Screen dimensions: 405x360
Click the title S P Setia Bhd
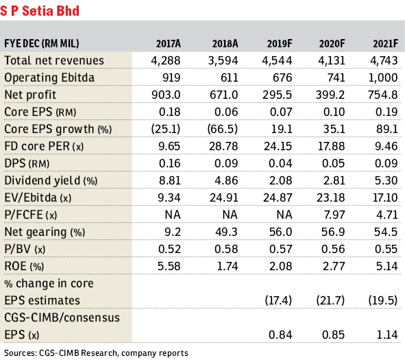click(40, 11)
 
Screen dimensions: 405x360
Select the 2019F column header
click(280, 44)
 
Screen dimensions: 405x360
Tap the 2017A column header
click(168, 44)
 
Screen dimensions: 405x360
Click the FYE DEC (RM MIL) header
click(42, 43)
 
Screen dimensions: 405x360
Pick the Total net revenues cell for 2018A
click(223, 61)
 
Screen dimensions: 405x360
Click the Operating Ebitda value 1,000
click(383, 77)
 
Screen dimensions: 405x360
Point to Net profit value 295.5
click(277, 95)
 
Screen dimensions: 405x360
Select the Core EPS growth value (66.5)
click(223, 129)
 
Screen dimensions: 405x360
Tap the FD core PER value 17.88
click(332, 146)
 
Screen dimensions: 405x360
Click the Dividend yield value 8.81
click(170, 180)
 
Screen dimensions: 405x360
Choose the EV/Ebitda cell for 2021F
click(385, 197)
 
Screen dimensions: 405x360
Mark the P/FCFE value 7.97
click(334, 215)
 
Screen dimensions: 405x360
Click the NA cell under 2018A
click(230, 215)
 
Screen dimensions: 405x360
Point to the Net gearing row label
click(45, 232)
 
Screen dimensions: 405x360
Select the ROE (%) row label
click(24, 267)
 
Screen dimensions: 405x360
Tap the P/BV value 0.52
click(169, 249)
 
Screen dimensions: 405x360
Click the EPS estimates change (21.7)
click(330, 300)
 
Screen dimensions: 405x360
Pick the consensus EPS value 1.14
click(387, 335)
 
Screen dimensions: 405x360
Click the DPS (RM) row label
click(27, 164)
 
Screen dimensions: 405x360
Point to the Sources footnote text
click(96, 353)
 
